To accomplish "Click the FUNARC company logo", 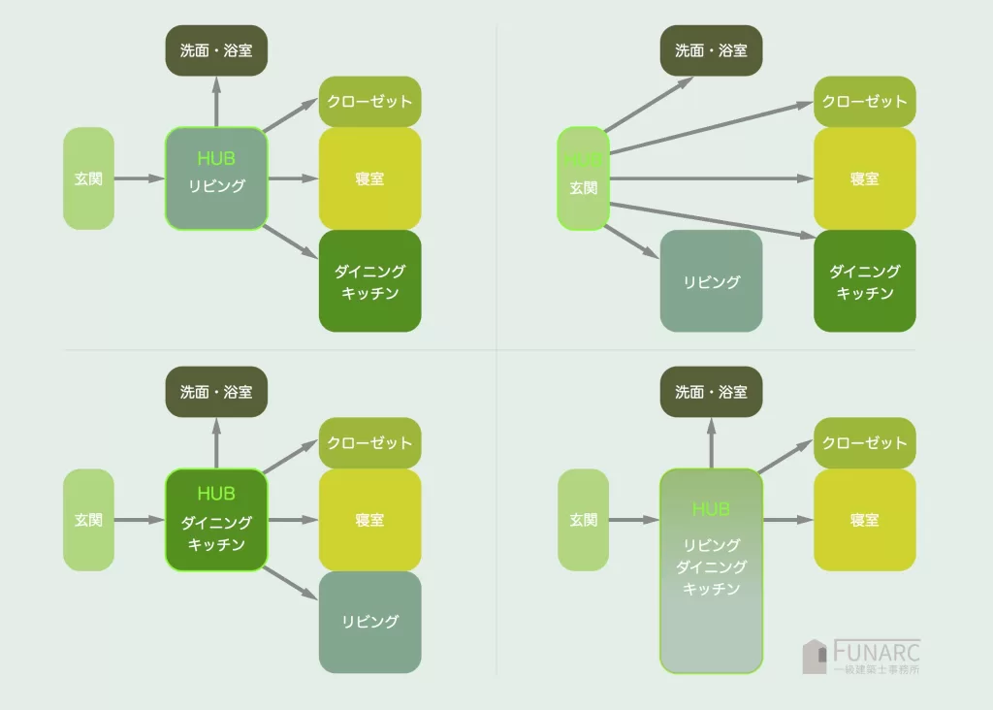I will (861, 656).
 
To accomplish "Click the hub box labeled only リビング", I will (216, 178).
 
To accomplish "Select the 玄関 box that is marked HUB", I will (583, 178).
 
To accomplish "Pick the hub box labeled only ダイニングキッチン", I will (216, 520).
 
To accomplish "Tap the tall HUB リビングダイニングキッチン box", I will (711, 570).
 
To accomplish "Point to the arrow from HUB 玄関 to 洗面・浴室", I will (648, 104).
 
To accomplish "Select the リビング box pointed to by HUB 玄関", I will (711, 281).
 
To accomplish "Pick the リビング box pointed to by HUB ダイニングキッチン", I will (369, 622).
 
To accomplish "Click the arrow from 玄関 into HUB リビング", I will (140, 178).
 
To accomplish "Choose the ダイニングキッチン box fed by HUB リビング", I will (369, 281).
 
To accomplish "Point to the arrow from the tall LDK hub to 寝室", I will (787, 520).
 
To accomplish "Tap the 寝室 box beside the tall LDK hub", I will (864, 520).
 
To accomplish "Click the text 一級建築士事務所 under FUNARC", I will (877, 669).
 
